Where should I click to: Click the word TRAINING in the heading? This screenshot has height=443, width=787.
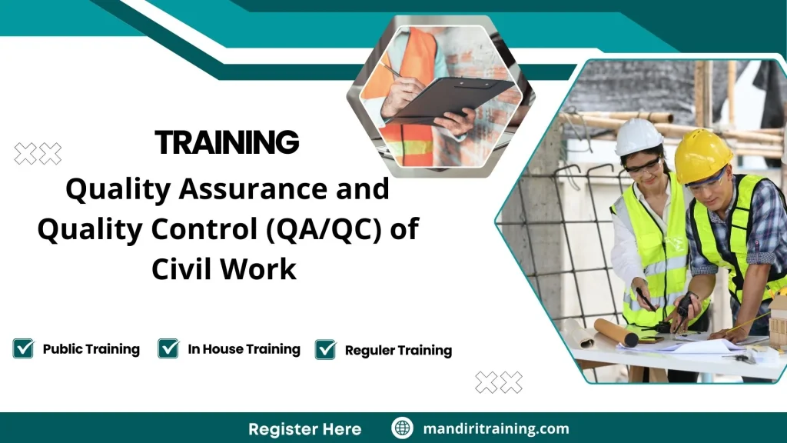click(x=227, y=143)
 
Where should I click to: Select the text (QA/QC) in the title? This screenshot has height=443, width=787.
click(x=332, y=229)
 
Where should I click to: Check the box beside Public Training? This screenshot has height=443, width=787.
click(x=23, y=348)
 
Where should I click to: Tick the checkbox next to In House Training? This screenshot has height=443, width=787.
click(x=168, y=348)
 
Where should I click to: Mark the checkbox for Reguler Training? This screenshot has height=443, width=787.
click(x=326, y=349)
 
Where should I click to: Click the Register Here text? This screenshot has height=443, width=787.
click(x=304, y=428)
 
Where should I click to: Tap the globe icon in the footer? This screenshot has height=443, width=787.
click(x=402, y=428)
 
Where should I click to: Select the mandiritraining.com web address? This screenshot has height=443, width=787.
click(x=496, y=428)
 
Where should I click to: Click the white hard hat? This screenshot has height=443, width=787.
click(x=638, y=137)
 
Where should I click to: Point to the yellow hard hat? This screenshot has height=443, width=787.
click(x=702, y=155)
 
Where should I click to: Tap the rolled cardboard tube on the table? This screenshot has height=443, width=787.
click(x=615, y=331)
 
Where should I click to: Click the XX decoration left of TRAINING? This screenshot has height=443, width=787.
click(x=38, y=154)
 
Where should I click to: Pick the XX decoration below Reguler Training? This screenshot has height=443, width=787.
click(x=498, y=381)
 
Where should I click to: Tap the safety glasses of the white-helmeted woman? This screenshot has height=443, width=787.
click(x=644, y=165)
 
